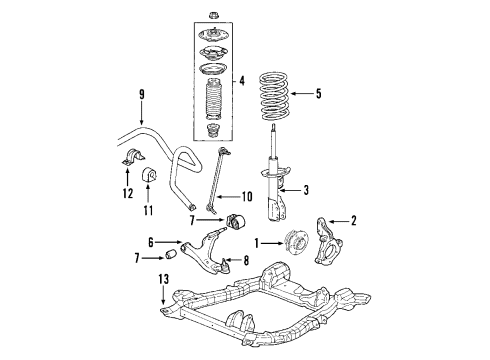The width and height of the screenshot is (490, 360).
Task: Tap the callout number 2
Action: point(353,221)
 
